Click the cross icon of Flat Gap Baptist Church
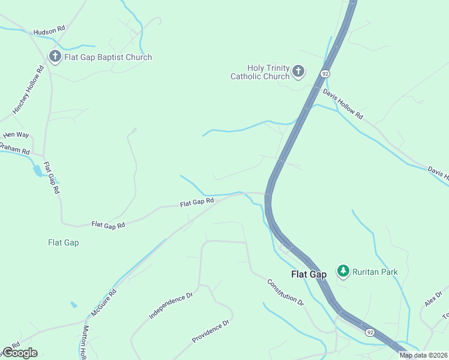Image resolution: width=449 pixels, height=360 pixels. [55, 57]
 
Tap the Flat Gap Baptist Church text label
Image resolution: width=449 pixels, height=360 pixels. [109, 58]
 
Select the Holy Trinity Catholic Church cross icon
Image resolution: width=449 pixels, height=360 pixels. [298, 72]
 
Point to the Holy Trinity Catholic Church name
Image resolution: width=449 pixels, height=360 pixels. [261, 72]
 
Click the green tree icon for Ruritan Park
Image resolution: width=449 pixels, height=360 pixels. [343, 271]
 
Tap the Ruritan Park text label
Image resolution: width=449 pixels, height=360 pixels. [375, 272]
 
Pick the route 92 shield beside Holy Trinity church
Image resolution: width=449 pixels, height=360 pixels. [325, 73]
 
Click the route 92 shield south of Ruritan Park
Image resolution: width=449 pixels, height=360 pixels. [370, 331]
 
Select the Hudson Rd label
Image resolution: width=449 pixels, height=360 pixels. [49, 30]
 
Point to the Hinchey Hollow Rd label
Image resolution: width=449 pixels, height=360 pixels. [29, 90]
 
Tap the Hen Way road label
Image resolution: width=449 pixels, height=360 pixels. [16, 135]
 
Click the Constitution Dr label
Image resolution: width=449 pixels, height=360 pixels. [285, 293]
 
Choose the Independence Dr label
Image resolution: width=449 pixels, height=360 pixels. [170, 305]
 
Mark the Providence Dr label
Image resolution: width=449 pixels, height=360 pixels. [211, 331]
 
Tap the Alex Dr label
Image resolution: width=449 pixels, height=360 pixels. [433, 296]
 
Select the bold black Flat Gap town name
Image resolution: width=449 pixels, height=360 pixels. [309, 274]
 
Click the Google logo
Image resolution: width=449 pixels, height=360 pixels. [19, 353]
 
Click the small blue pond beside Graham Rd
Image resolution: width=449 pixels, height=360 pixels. [38, 170]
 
